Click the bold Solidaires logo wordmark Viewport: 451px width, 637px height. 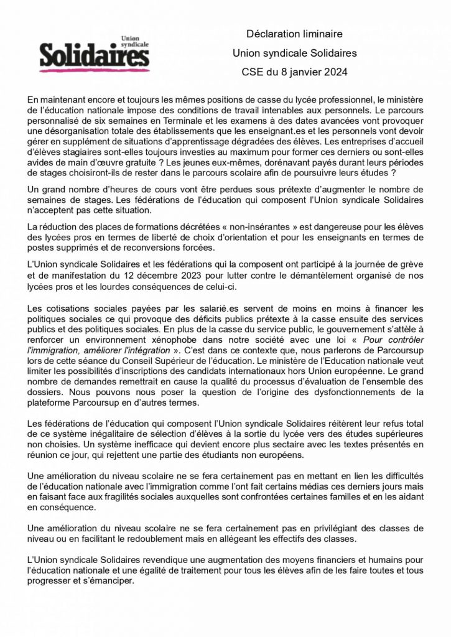click(x=94, y=57)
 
